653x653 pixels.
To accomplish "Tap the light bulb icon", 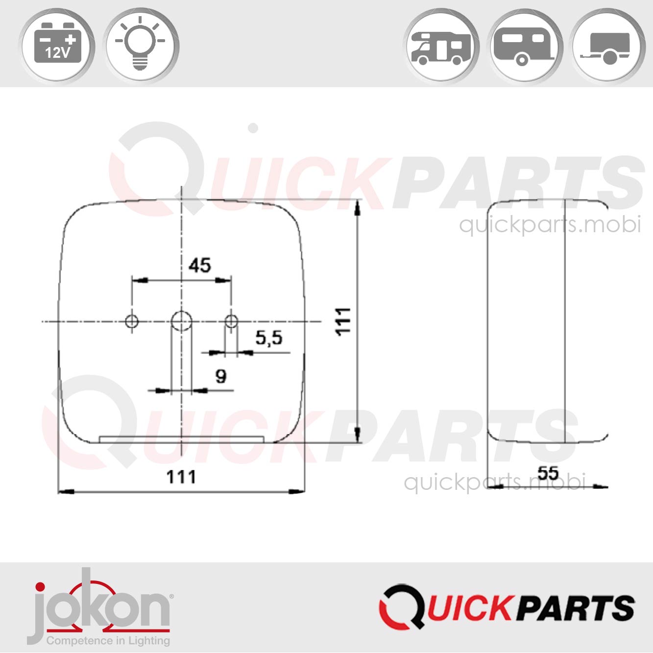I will click(140, 46).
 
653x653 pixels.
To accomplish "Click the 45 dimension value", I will click(199, 266).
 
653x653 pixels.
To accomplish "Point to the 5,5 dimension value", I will click(269, 338).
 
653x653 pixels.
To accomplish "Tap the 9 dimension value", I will click(221, 376).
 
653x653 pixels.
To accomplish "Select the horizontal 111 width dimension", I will click(181, 477).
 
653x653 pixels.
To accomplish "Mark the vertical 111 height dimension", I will click(343, 321).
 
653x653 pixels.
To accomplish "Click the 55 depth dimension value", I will click(548, 473).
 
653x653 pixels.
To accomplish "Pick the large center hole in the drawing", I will click(181, 321).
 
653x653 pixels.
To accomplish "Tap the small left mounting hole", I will click(132, 321).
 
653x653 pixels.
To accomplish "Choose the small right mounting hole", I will click(231, 321).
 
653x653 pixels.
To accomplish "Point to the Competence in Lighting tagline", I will click(108, 641).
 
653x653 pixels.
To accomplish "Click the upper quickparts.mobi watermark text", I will click(550, 225).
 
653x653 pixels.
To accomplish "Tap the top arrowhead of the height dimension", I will click(358, 208).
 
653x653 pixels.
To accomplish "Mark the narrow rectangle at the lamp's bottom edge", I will click(182, 439).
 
